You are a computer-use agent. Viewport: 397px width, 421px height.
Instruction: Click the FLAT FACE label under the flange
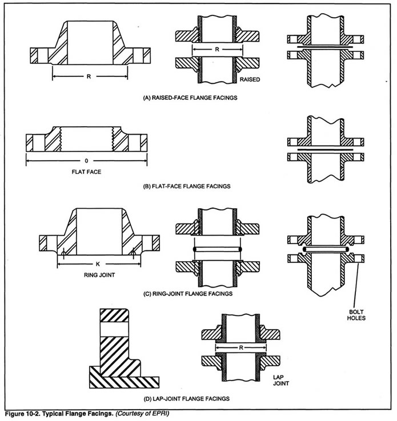coord(86,171)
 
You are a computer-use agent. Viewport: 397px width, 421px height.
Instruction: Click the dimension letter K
coord(98,264)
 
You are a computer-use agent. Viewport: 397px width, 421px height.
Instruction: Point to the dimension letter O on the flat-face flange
coord(86,161)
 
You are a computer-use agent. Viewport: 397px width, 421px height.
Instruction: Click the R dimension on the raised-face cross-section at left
coord(89,74)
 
